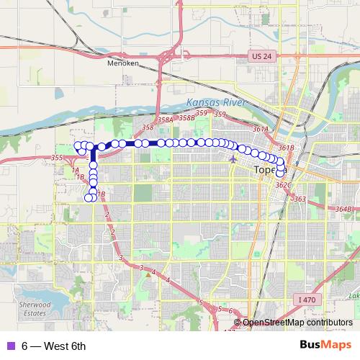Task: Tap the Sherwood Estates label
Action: (x=35, y=309)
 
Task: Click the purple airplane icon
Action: (x=232, y=158)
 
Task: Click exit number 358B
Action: (x=186, y=117)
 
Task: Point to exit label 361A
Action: (x=261, y=129)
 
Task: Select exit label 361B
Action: (x=286, y=148)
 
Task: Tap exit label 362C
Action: (x=282, y=185)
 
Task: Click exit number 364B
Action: (x=343, y=209)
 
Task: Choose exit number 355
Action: (x=58, y=157)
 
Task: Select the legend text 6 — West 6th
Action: (x=54, y=346)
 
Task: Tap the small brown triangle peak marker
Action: (x=146, y=273)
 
